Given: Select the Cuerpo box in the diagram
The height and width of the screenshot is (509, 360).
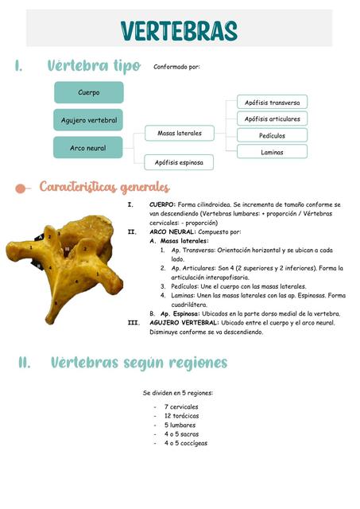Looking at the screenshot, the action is [x=88, y=92].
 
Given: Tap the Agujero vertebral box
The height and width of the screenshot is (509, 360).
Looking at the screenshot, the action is [x=88, y=120].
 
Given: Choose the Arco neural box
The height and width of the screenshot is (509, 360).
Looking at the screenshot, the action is [x=88, y=147].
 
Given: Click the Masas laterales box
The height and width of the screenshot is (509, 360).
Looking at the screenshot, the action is [x=179, y=133].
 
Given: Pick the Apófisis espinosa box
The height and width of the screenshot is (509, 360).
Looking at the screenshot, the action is [x=179, y=162].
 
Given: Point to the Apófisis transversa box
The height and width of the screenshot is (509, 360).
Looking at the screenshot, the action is [x=272, y=103].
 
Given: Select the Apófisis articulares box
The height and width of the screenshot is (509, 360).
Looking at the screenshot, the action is [x=272, y=119].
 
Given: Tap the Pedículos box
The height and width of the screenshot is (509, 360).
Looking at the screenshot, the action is [x=272, y=135].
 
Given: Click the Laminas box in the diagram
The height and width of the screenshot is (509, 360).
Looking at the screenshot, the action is [x=272, y=151].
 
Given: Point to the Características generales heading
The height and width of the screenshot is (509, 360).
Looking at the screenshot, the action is [x=103, y=188].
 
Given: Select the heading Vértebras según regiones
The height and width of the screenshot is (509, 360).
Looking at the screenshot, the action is [x=138, y=363].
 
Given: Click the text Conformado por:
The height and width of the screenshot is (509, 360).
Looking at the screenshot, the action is [x=176, y=67].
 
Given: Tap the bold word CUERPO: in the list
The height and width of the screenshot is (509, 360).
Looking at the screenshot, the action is [x=163, y=204].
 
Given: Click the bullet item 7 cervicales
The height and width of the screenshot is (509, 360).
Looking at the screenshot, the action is [x=181, y=406].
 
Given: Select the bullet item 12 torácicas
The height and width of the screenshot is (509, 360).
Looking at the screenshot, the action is [x=181, y=415].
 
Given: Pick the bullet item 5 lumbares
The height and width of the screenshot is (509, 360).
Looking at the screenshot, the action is [x=180, y=425].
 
